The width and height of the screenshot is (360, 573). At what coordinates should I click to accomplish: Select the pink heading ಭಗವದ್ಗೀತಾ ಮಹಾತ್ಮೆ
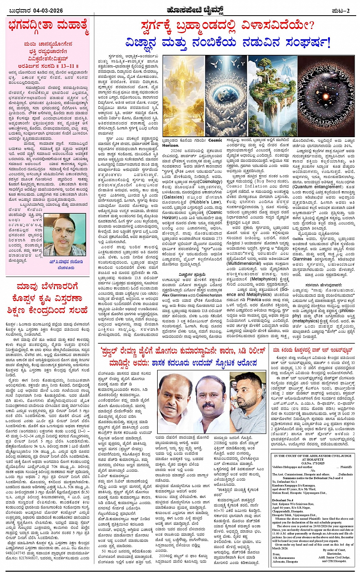pos(48,27)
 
